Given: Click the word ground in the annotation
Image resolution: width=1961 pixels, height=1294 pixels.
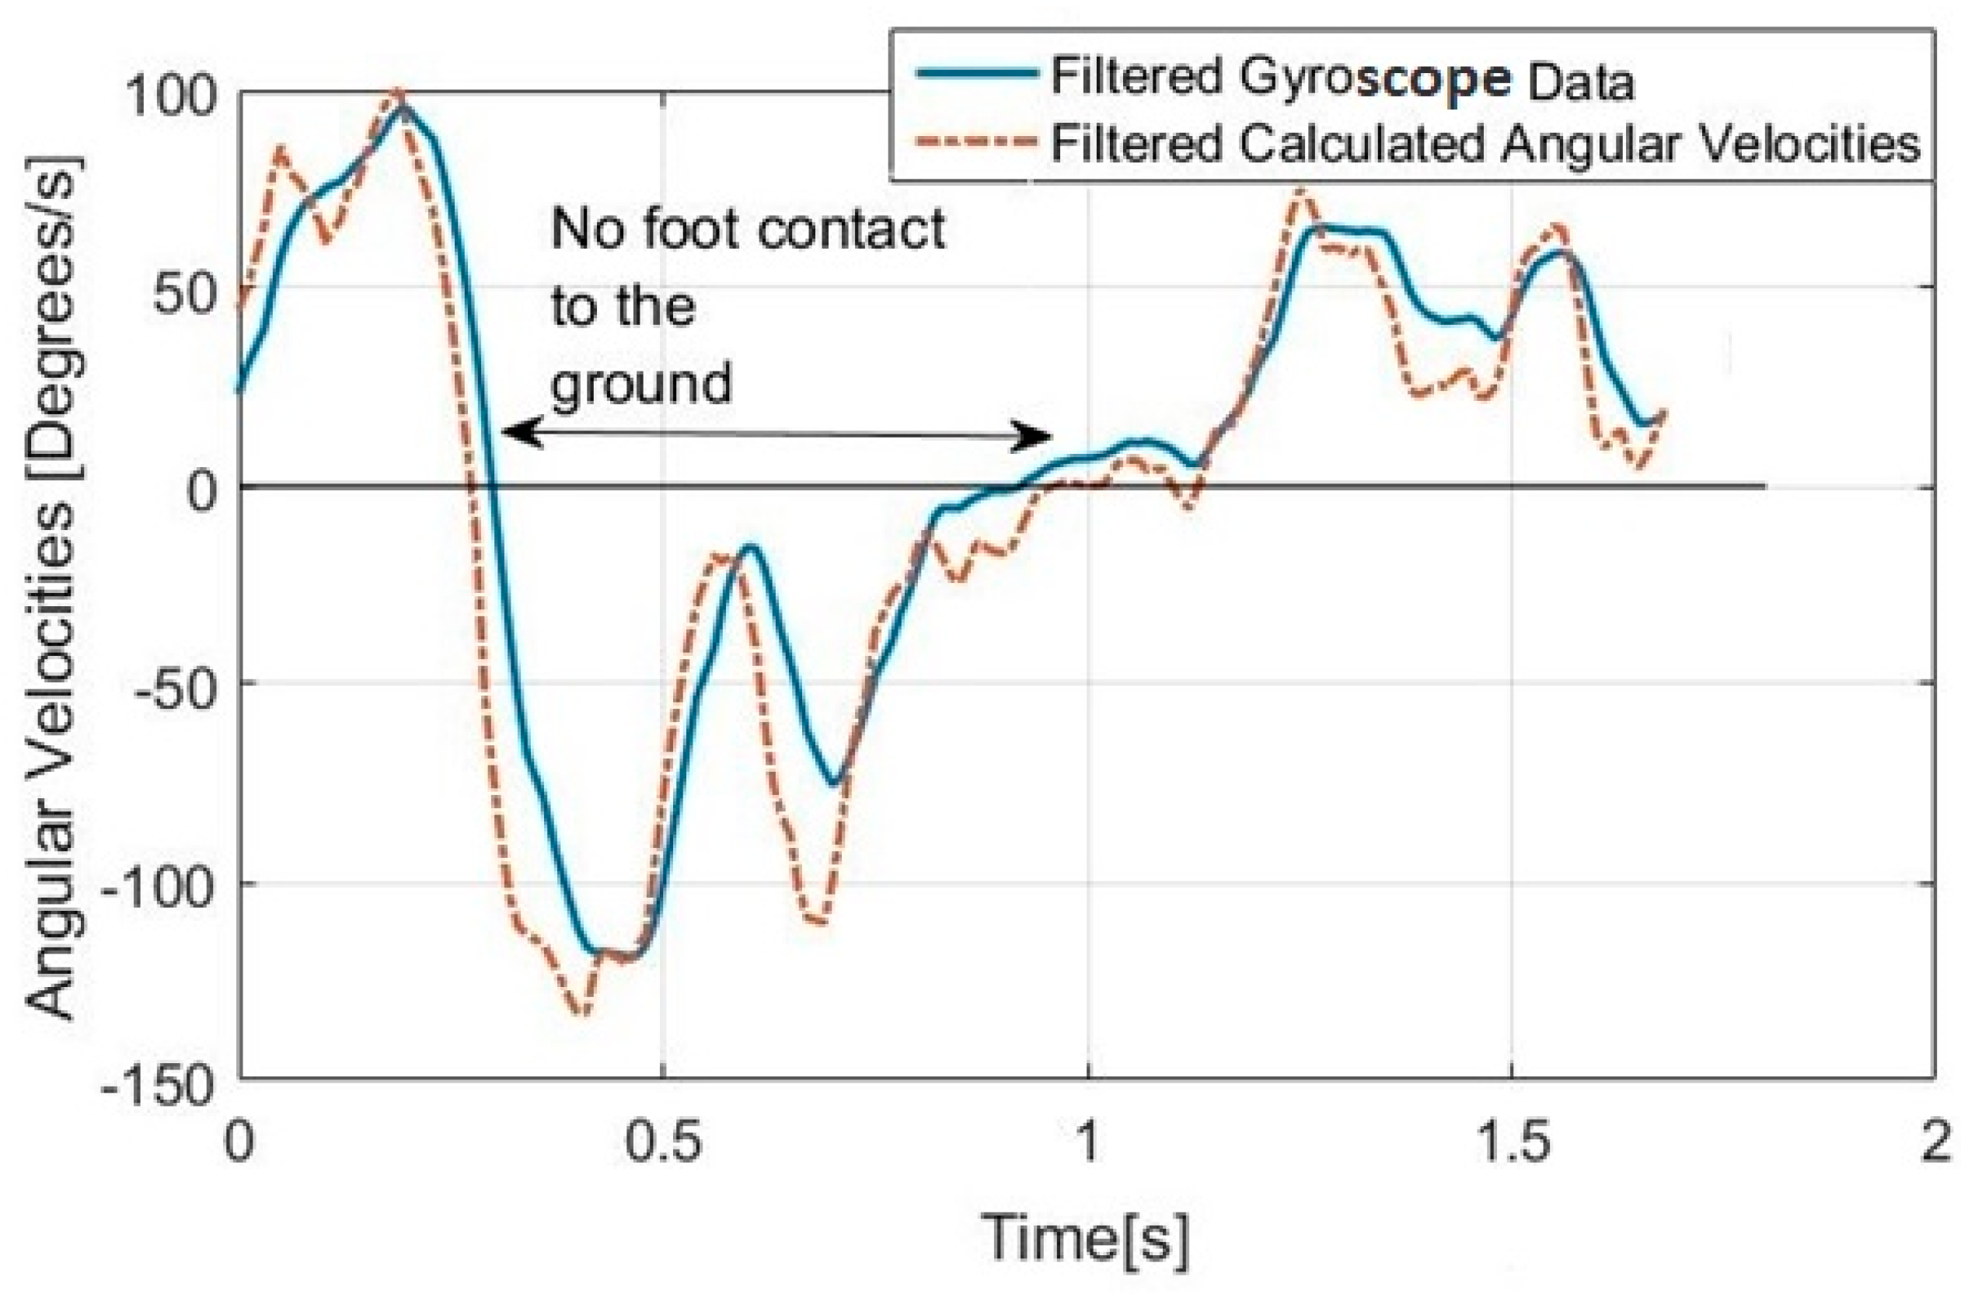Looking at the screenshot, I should click(642, 384).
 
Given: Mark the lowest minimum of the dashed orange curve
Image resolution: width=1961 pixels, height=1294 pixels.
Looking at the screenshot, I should click(583, 1014).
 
